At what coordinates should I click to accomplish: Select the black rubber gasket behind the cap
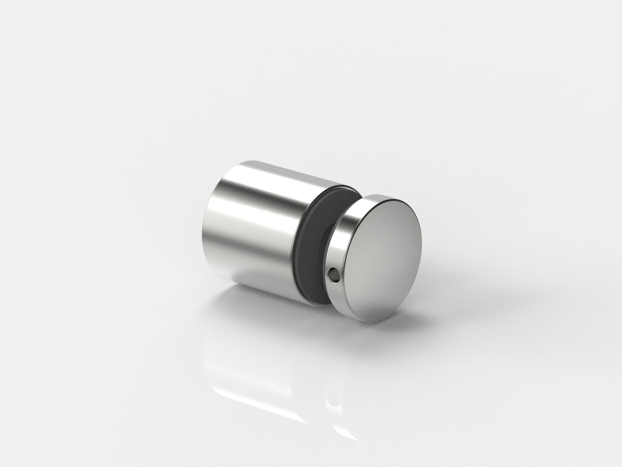pyautogui.click(x=313, y=246)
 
